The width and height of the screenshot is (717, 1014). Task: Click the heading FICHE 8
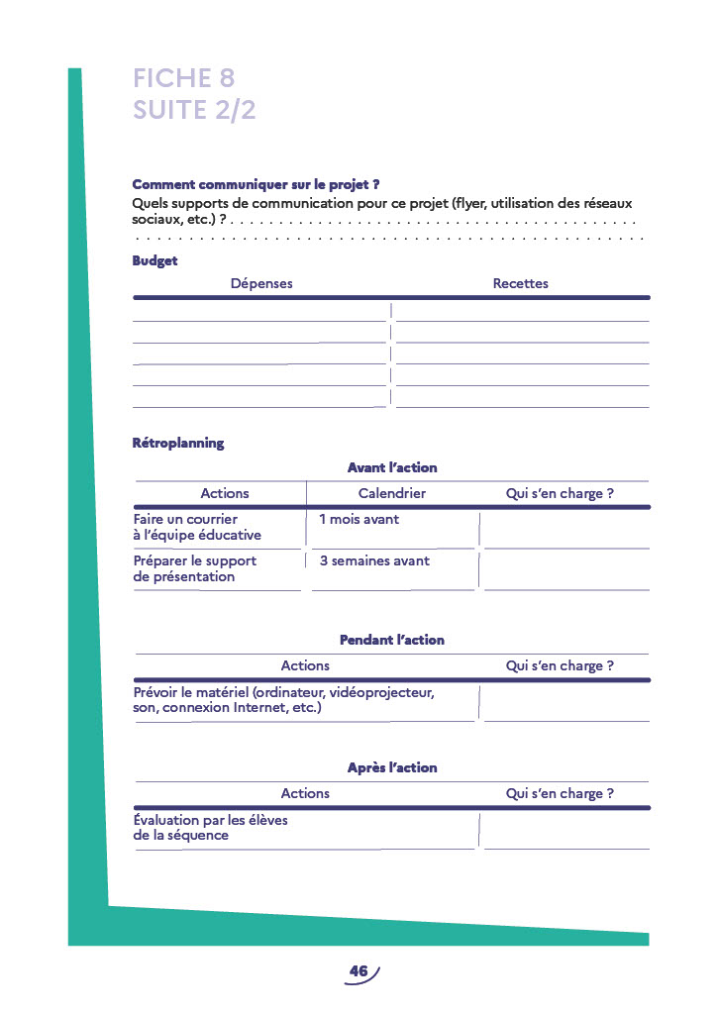tap(183, 78)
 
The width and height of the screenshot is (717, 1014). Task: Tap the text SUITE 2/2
tap(194, 110)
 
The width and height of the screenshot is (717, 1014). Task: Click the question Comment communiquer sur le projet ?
tap(256, 184)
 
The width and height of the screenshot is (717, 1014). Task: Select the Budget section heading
tap(154, 261)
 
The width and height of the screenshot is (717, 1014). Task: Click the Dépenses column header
tap(261, 283)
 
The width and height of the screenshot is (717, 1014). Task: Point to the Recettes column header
tap(520, 283)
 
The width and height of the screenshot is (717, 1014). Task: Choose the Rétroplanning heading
tap(178, 443)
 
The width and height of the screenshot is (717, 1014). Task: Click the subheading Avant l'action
tap(392, 467)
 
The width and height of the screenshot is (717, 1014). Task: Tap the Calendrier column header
tap(392, 493)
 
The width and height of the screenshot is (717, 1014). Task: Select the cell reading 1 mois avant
tap(358, 519)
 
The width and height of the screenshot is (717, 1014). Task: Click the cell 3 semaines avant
tap(374, 560)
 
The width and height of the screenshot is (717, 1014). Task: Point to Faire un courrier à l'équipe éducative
tap(197, 527)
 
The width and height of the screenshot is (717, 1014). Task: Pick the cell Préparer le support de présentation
tap(195, 568)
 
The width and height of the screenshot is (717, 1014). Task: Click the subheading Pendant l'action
tap(392, 640)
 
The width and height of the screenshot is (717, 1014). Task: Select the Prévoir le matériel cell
tap(283, 700)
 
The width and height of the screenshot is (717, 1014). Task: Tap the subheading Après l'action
tap(392, 767)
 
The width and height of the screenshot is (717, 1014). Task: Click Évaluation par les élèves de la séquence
tap(210, 828)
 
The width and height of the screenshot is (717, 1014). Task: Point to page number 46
tap(358, 971)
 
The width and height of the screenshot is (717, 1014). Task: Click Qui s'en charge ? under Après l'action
tap(560, 793)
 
